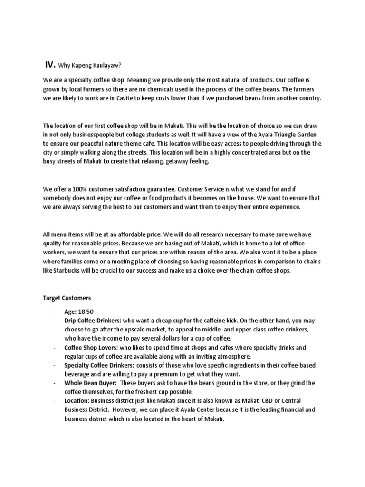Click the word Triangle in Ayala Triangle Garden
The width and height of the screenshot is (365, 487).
(x=276, y=135)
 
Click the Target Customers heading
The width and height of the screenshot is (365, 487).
(x=67, y=298)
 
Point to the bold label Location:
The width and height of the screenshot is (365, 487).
(x=76, y=401)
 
